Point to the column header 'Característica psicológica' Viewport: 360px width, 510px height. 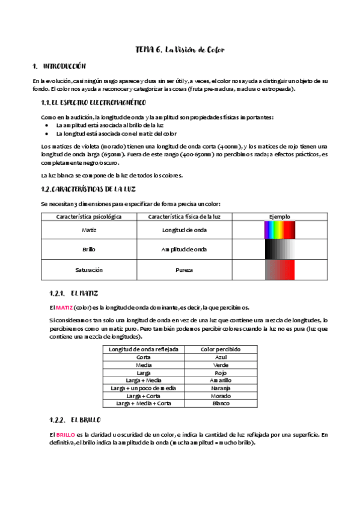point(89,216)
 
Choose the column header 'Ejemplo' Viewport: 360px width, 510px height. point(279,216)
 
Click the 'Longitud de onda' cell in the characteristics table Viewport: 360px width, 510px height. point(185,230)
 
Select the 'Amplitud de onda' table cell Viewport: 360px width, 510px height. point(185,250)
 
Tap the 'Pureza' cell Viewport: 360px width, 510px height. point(185,270)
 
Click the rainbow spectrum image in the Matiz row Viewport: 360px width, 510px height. point(279,230)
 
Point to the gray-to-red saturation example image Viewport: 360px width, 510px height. point(279,270)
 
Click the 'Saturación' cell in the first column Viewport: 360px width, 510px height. point(89,270)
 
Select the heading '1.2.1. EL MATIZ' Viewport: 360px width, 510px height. point(74,293)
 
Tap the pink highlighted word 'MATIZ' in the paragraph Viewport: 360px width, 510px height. point(64,307)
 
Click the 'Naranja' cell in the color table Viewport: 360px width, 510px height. point(221,389)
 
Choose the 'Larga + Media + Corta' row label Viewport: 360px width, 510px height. point(144,404)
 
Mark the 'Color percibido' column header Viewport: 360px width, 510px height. point(221,349)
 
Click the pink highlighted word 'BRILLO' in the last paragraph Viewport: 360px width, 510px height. point(66,434)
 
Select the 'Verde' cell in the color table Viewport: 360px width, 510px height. point(221,364)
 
